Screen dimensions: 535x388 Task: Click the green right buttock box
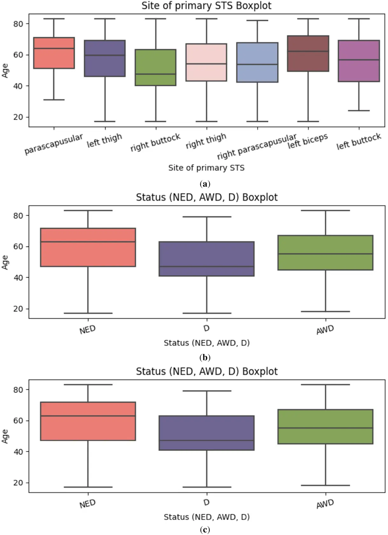click(156, 67)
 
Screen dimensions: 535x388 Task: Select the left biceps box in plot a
click(308, 53)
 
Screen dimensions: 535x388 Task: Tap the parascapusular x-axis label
click(53, 144)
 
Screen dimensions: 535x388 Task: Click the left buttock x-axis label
click(359, 141)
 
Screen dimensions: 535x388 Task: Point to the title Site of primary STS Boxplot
click(206, 6)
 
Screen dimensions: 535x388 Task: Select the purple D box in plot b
click(207, 259)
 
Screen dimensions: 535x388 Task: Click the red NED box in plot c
click(88, 421)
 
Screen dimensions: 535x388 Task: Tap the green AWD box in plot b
click(325, 253)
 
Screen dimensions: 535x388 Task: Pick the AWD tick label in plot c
click(325, 504)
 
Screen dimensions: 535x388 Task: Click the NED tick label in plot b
click(87, 330)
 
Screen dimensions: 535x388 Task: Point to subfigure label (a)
click(205, 184)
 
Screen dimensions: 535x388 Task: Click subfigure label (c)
click(205, 530)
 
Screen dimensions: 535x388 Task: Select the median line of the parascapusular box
click(54, 49)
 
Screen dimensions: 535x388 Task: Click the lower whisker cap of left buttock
click(359, 111)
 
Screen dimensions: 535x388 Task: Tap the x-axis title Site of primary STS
click(206, 168)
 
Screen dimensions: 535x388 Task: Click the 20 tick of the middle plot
click(18, 309)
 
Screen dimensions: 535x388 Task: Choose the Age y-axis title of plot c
click(5, 436)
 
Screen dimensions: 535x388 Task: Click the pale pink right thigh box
click(206, 62)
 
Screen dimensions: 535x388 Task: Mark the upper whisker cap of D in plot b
click(207, 217)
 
